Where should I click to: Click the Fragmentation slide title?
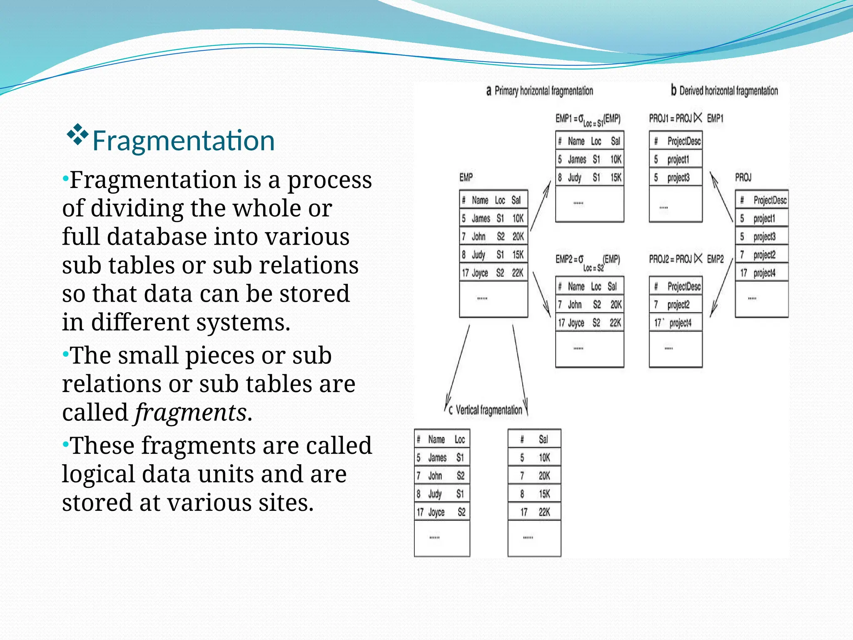click(183, 141)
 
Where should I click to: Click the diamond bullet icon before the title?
click(78, 134)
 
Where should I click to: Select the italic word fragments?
click(190, 412)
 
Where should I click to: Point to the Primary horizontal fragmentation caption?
click(540, 91)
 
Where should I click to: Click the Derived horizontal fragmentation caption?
click(725, 91)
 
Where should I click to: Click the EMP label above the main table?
click(466, 178)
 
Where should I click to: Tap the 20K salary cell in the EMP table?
click(518, 237)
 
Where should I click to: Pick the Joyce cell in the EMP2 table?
click(576, 323)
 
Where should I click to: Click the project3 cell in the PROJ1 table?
click(678, 178)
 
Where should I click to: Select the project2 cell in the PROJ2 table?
click(678, 305)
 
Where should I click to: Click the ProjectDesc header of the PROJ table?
click(770, 200)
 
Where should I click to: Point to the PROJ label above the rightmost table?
click(743, 178)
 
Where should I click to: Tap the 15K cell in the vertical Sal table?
click(544, 494)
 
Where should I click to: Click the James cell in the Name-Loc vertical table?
click(437, 458)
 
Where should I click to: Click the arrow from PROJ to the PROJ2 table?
click(721, 287)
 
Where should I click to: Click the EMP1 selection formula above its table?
click(588, 120)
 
